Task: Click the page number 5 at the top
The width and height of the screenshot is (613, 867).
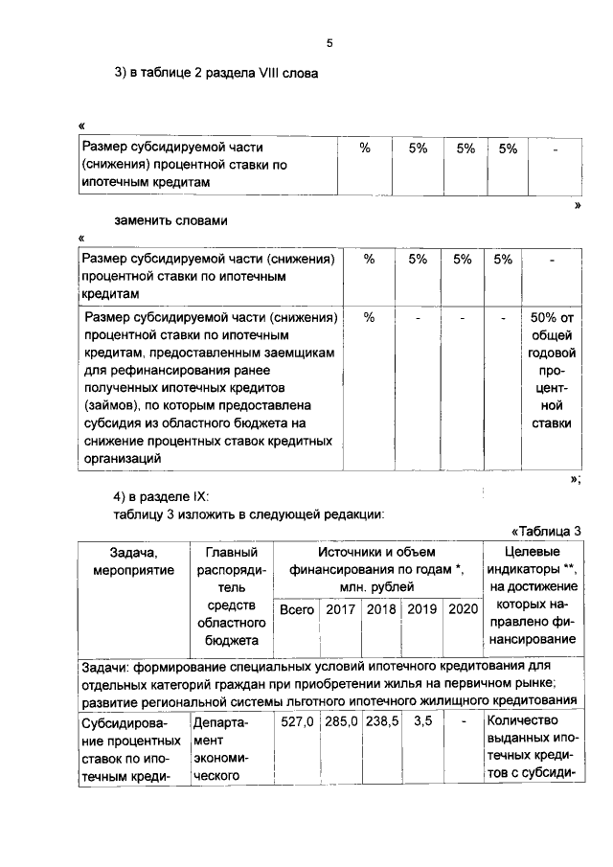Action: [329, 43]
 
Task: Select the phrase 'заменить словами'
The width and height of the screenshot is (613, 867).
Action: [170, 220]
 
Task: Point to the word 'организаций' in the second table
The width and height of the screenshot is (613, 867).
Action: [121, 459]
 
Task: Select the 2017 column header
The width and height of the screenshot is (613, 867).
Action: [341, 609]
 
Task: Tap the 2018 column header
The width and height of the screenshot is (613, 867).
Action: [381, 609]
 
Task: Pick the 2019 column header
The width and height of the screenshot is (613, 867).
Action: [422, 609]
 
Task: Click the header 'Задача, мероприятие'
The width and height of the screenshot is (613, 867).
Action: [133, 561]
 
